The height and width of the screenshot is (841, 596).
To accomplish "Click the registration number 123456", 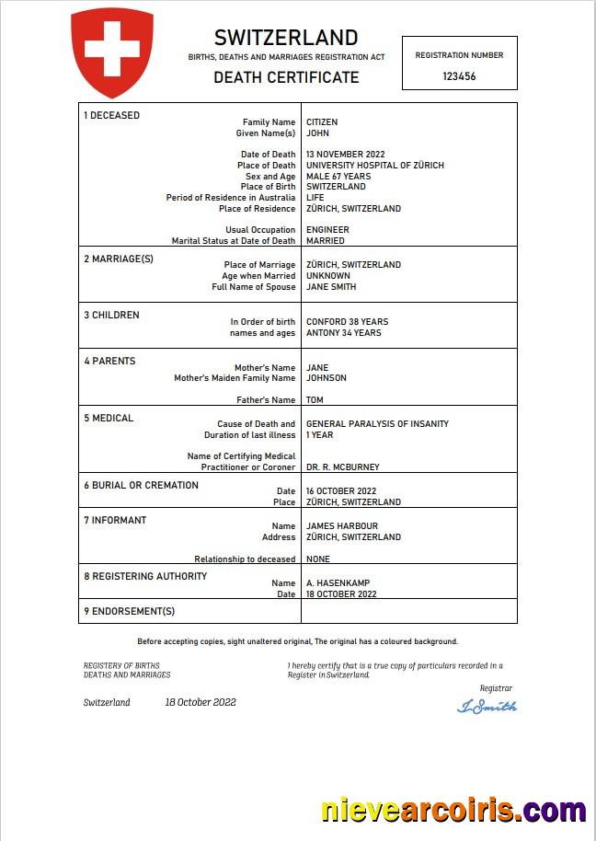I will click(x=459, y=77).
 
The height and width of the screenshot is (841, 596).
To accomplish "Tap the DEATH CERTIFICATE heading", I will click(x=286, y=77).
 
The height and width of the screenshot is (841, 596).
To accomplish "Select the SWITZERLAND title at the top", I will click(x=286, y=38).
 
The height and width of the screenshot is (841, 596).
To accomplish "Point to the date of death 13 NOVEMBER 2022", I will click(x=345, y=155).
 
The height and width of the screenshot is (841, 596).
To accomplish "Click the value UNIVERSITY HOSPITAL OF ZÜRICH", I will click(x=374, y=166).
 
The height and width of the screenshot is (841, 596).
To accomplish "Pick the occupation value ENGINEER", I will click(x=327, y=230).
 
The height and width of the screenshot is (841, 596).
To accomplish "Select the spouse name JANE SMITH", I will click(x=331, y=287).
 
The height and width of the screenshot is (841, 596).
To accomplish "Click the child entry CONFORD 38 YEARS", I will click(x=347, y=322).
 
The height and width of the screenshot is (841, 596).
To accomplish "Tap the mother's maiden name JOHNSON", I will click(x=327, y=378).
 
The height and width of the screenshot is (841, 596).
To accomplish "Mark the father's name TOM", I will click(x=315, y=400).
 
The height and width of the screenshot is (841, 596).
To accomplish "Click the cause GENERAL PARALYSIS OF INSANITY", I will click(x=377, y=424).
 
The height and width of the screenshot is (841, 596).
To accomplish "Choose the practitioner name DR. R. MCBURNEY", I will click(x=342, y=467).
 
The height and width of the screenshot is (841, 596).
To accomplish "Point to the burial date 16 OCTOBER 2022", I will click(x=341, y=491).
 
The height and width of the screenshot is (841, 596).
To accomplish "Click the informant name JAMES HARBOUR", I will click(x=341, y=526).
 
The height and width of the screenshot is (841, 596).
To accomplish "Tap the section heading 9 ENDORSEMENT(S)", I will click(x=129, y=611).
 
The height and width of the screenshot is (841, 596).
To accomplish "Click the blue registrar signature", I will click(x=487, y=707).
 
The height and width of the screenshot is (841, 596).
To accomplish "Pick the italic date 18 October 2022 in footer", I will click(x=201, y=702).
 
